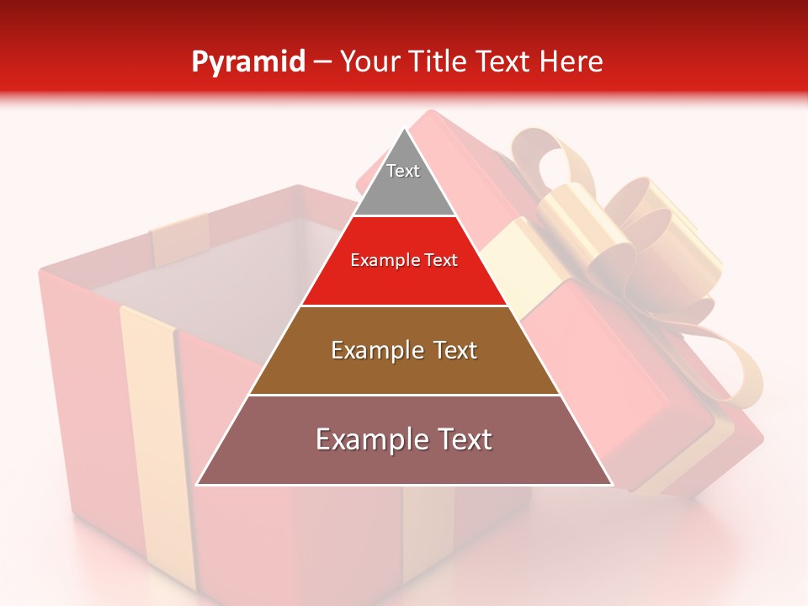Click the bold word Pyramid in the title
[x=247, y=61]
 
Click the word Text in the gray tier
[x=403, y=171]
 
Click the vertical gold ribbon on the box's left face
[x=151, y=438]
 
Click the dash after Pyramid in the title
[x=322, y=61]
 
